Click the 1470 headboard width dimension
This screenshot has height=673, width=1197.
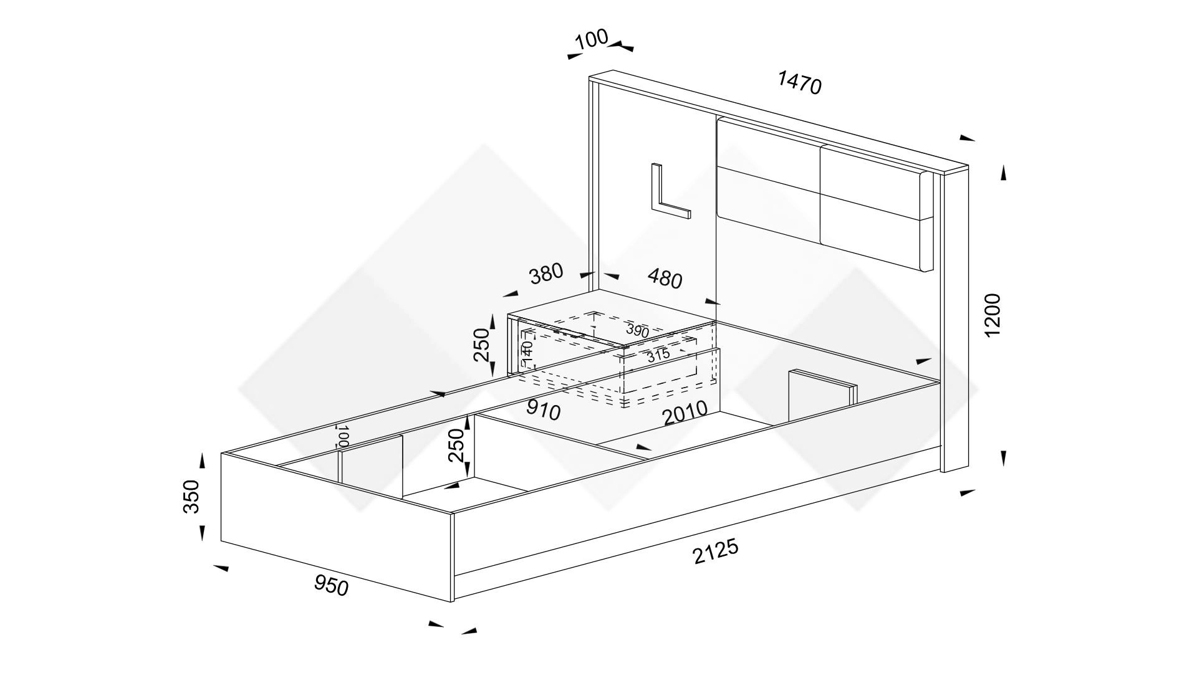pyautogui.click(x=800, y=83)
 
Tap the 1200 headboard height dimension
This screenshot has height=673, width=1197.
pyautogui.click(x=992, y=315)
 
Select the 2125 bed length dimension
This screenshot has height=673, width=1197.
pyautogui.click(x=716, y=551)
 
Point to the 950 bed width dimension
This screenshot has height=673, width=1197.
pyautogui.click(x=331, y=585)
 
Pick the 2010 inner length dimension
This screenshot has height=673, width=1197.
pyautogui.click(x=685, y=413)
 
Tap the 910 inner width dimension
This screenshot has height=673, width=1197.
pyautogui.click(x=544, y=409)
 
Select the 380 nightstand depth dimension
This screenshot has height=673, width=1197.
pyautogui.click(x=546, y=274)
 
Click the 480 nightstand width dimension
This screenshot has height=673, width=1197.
pyautogui.click(x=665, y=279)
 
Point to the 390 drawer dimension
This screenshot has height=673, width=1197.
pyautogui.click(x=638, y=330)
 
